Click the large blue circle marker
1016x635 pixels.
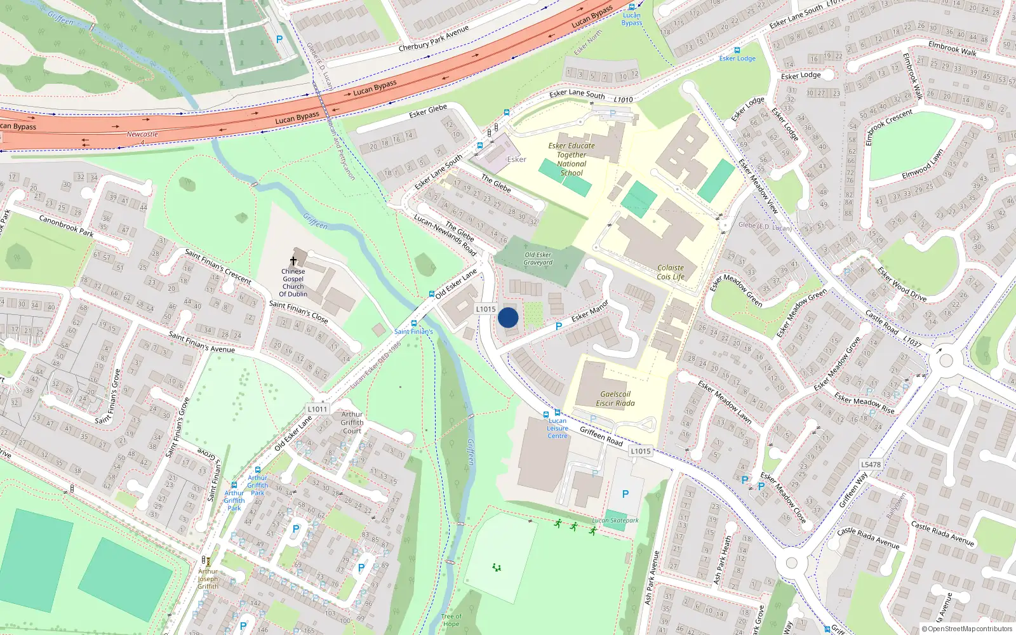pos(508,317)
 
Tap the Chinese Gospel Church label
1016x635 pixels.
pos(293,283)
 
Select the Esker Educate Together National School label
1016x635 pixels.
pos(571,159)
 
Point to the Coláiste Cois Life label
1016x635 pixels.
pos(671,272)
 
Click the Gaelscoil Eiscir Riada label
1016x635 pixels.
pos(615,398)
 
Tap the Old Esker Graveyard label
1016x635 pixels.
pos(538,258)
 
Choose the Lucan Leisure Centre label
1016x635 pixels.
pos(558,428)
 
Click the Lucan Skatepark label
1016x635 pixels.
pos(615,520)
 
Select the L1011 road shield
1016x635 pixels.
pos(317,409)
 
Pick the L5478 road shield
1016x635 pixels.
pos(871,464)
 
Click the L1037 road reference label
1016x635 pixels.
pos(912,341)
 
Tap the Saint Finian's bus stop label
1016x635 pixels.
pos(413,331)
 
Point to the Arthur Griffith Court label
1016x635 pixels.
pos(352,422)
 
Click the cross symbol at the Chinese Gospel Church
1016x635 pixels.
pos(293,260)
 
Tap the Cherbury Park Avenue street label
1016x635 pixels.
pos(433,39)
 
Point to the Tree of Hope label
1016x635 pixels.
pos(451,620)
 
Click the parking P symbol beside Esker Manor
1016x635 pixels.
pos(559,326)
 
